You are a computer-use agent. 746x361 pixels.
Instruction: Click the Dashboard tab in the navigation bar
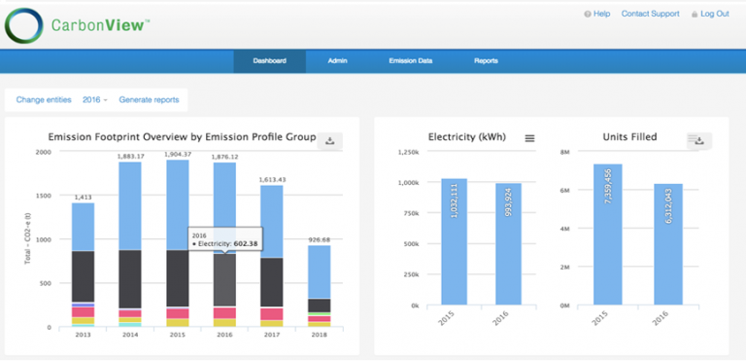click(x=269, y=61)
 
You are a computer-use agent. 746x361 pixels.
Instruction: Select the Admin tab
click(x=337, y=61)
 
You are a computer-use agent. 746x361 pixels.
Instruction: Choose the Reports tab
click(x=486, y=61)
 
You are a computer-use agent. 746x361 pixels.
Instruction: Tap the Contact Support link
click(x=652, y=14)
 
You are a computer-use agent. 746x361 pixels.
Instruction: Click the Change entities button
click(x=45, y=100)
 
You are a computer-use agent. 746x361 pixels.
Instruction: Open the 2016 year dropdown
click(x=95, y=100)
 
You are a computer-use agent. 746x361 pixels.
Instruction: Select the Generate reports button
click(x=149, y=100)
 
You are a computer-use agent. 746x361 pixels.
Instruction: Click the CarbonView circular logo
click(x=25, y=25)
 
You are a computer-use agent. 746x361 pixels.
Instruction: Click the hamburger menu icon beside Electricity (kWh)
click(x=529, y=138)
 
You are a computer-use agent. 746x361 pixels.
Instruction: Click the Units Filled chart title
click(x=630, y=137)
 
